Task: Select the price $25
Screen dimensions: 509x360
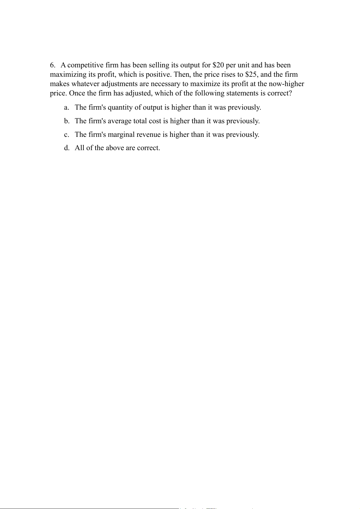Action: pyautogui.click(x=251, y=75)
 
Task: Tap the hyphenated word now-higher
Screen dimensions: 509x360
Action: pyautogui.click(x=286, y=84)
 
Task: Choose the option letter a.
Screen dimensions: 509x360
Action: pyautogui.click(x=66, y=108)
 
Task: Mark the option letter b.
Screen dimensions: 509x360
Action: pyautogui.click(x=66, y=121)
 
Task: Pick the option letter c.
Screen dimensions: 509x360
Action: pyautogui.click(x=66, y=135)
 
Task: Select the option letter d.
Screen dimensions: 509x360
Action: pyautogui.click(x=66, y=148)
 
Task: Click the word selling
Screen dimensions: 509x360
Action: pyautogui.click(x=159, y=65)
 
